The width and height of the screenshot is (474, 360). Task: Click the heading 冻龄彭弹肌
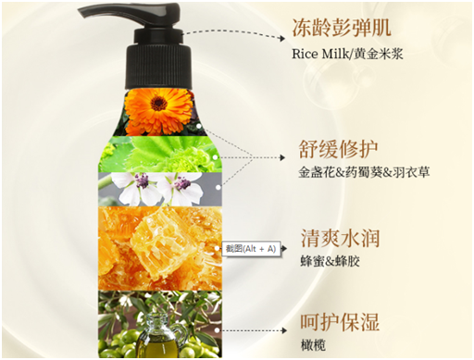342,28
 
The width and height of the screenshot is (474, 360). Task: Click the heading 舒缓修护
338,149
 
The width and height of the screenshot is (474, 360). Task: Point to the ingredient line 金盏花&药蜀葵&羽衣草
364,172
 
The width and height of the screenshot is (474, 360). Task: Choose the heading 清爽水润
340,238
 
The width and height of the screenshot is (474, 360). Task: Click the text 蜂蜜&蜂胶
331,262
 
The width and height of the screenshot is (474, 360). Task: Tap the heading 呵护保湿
340,323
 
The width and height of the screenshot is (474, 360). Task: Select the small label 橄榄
313,345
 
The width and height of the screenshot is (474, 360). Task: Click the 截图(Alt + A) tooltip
251,249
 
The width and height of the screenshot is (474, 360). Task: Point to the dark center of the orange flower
158,103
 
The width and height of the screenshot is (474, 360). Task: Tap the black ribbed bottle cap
158,67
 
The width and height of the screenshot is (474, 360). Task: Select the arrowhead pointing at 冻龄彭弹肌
281,38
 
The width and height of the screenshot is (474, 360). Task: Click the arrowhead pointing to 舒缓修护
281,157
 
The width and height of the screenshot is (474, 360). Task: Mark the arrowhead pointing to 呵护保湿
283,330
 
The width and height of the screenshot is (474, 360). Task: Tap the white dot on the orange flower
199,126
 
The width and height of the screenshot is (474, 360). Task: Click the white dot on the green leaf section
215,157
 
